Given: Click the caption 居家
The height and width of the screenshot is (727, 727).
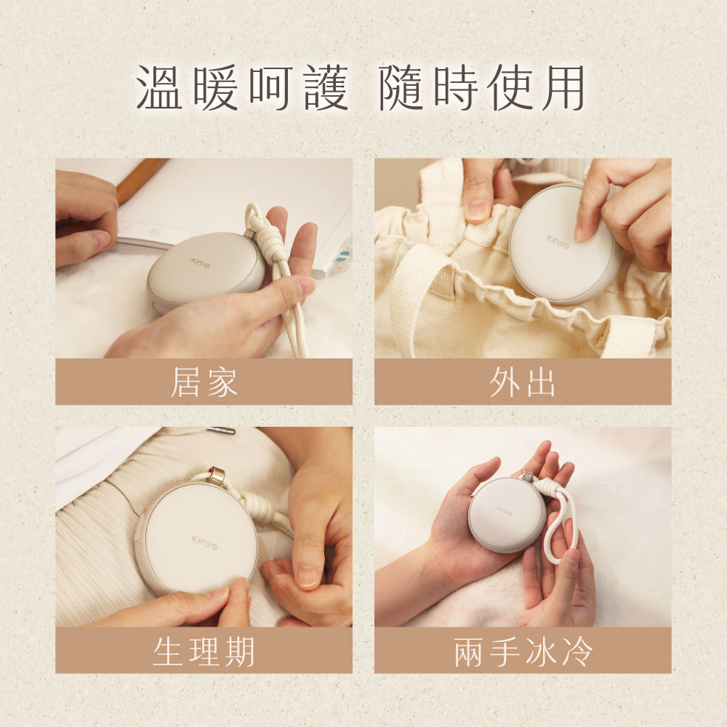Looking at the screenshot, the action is coord(204,382).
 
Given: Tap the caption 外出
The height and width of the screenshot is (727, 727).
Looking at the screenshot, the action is coord(523,382).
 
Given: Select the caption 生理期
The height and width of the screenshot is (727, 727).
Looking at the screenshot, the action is coord(204,651).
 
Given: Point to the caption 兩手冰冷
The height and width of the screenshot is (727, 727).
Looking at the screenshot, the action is coord(523,651).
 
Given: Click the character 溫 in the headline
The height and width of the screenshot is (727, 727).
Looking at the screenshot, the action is coord(159,87).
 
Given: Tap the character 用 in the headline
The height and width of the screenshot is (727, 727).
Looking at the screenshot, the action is coord(563,87).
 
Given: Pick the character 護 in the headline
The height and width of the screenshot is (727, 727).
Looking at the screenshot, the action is coord(326,87).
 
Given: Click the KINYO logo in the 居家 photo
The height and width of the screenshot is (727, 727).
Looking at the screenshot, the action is coord(201,263).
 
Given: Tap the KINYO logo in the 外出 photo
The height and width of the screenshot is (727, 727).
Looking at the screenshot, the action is coord(558,241).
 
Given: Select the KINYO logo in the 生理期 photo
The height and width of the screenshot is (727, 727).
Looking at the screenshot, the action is coord(204,542).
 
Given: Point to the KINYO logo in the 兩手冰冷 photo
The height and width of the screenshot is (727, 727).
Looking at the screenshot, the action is coord(504,511).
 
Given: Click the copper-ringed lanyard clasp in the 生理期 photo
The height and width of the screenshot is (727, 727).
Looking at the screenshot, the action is coord(217,475).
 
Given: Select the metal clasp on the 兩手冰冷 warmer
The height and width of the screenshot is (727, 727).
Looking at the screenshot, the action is coord(527,475).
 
